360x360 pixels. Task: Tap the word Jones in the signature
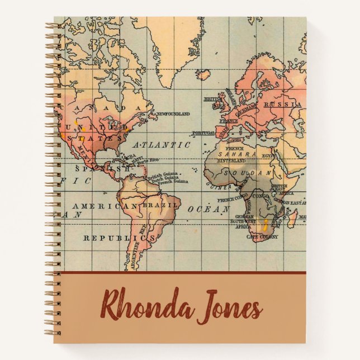229,306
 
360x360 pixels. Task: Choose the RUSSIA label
279,104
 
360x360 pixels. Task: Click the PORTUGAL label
203,133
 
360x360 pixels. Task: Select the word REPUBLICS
119,238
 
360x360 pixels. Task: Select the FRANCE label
229,120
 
